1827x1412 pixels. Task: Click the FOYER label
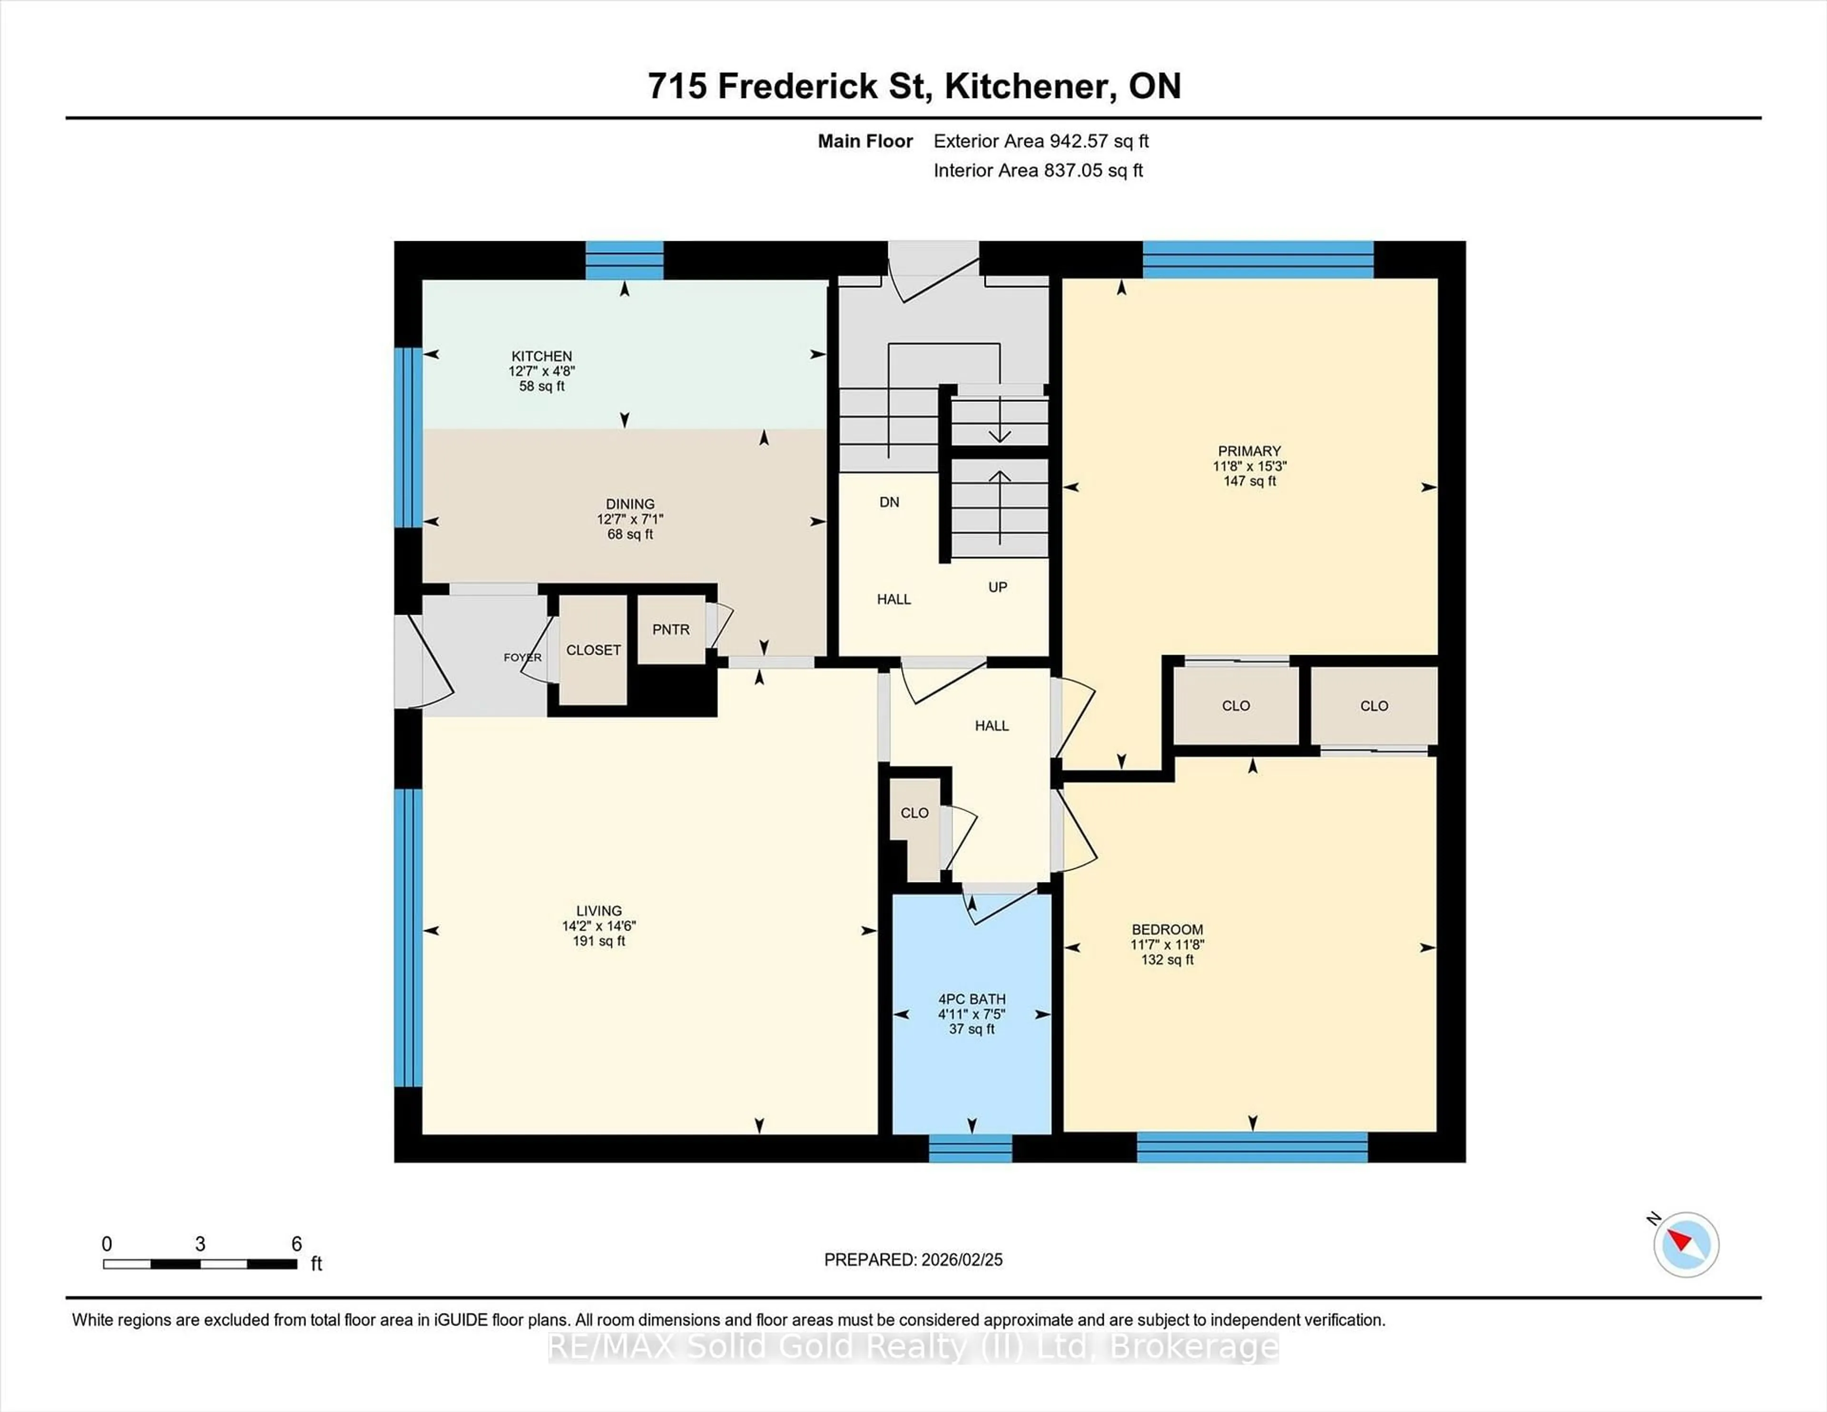click(522, 657)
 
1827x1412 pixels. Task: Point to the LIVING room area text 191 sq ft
click(599, 941)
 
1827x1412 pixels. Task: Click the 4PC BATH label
click(971, 999)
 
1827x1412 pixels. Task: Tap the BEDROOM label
click(1167, 929)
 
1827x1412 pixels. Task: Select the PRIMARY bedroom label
click(1249, 451)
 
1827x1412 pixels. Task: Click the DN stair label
click(889, 502)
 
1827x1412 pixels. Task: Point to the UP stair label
click(997, 587)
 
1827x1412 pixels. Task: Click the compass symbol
click(1686, 1245)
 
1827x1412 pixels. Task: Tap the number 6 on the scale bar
click(296, 1244)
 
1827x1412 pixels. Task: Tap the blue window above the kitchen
click(624, 260)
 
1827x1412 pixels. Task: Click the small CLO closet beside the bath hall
click(914, 813)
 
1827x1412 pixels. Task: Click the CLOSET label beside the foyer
click(593, 650)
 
